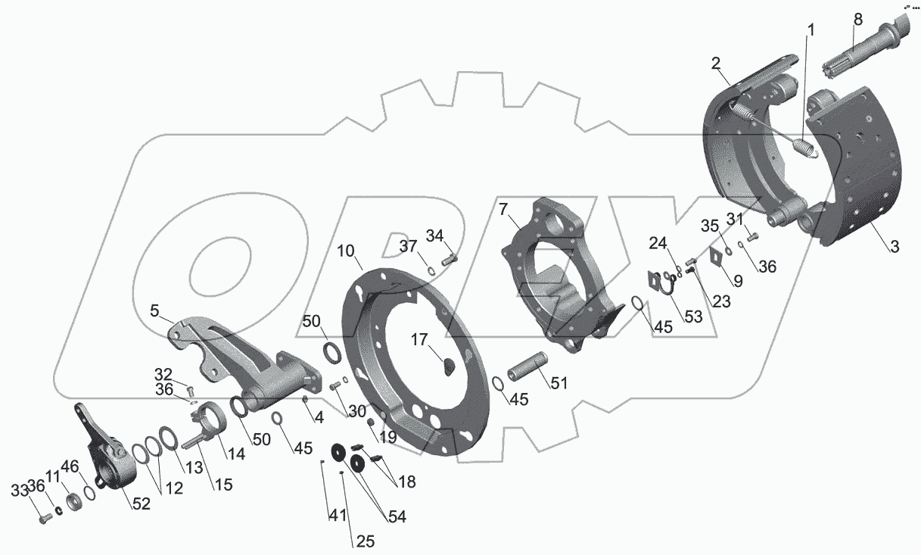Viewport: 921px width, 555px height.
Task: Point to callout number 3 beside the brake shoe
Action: coord(895,248)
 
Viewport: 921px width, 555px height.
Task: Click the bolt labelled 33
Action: coord(43,519)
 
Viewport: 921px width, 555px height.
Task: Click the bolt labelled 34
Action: coord(449,260)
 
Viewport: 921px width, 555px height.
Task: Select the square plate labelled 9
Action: coord(715,257)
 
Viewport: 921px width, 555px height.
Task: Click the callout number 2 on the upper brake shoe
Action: coord(715,64)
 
